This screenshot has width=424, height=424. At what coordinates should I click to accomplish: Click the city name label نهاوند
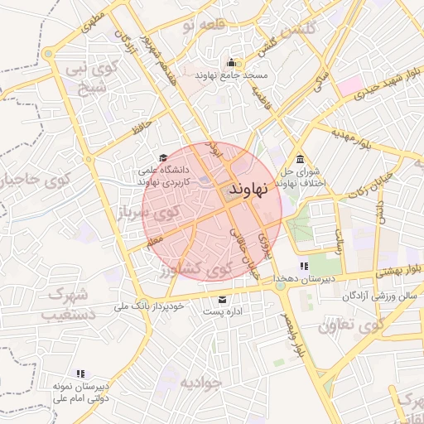click(x=248, y=190)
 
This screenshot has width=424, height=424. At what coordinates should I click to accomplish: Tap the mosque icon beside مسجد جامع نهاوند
click(x=230, y=63)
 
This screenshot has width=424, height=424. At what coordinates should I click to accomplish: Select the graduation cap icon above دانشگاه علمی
click(x=163, y=157)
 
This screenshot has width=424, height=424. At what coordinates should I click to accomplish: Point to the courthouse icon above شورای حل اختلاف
click(x=299, y=159)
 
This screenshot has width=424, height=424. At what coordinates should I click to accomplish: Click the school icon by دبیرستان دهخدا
click(x=304, y=266)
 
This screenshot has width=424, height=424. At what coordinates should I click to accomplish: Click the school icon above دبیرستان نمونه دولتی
click(x=80, y=374)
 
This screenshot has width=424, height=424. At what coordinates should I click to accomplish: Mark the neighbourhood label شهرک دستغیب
click(x=70, y=304)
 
